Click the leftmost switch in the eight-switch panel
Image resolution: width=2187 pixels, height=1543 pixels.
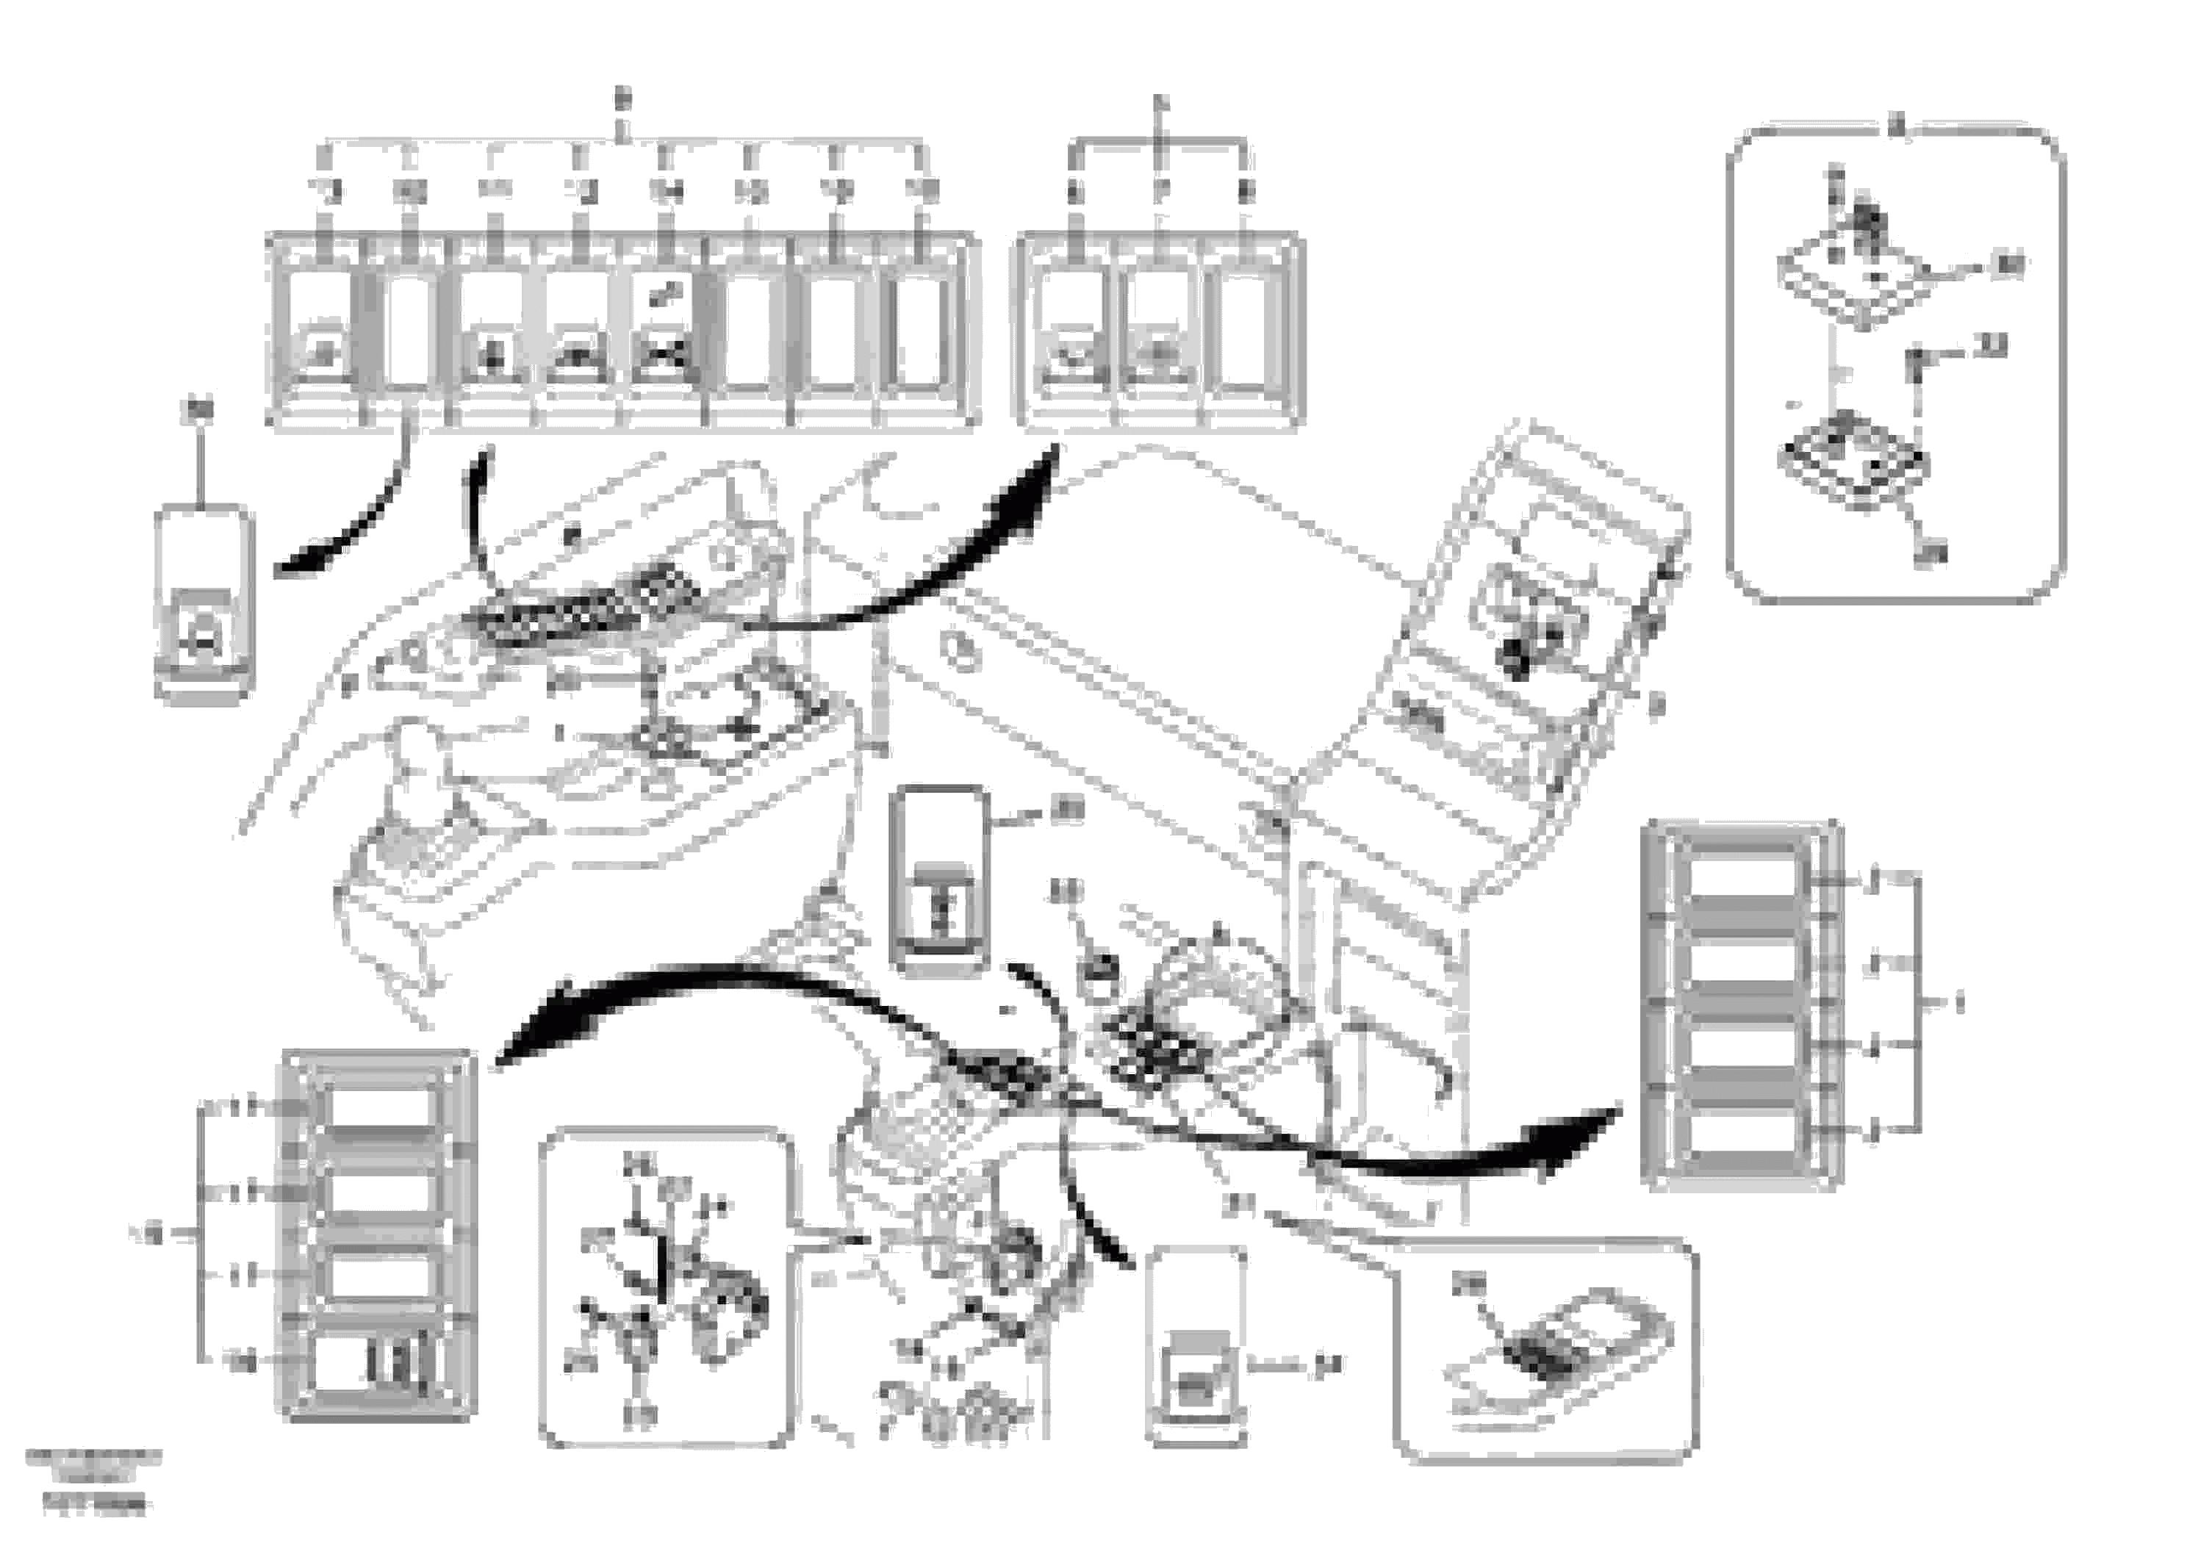tap(321, 331)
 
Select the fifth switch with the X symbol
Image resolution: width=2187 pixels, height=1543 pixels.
tap(662, 331)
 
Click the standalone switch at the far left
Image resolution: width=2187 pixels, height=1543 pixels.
tap(204, 604)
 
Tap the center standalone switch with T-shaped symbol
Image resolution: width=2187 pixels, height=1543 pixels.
tap(937, 880)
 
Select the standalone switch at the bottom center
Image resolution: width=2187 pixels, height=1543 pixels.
tap(1196, 1347)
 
